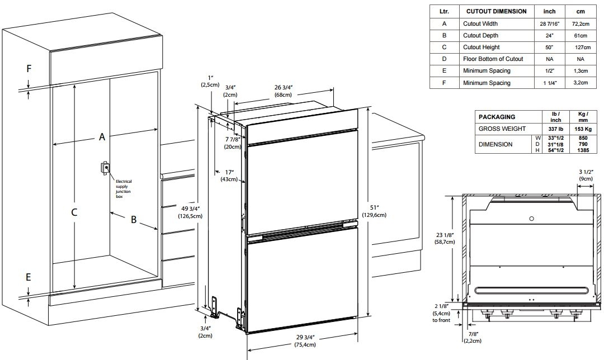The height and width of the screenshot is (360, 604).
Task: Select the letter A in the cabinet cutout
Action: click(x=102, y=136)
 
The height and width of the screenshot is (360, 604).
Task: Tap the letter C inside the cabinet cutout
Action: click(x=74, y=212)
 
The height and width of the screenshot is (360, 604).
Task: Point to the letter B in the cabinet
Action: click(x=133, y=220)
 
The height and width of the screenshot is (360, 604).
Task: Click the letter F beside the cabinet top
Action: click(x=29, y=69)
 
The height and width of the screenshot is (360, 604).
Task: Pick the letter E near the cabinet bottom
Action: click(x=29, y=277)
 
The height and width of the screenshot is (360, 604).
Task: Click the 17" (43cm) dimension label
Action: click(x=228, y=176)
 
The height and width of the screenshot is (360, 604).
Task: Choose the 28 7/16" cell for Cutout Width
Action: click(x=549, y=24)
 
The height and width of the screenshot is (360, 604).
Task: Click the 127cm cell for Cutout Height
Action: click(x=582, y=48)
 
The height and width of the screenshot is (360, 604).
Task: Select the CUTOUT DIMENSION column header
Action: click(x=494, y=11)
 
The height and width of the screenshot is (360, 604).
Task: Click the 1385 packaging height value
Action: click(x=583, y=150)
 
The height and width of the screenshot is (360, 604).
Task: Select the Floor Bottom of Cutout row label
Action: click(x=493, y=59)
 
